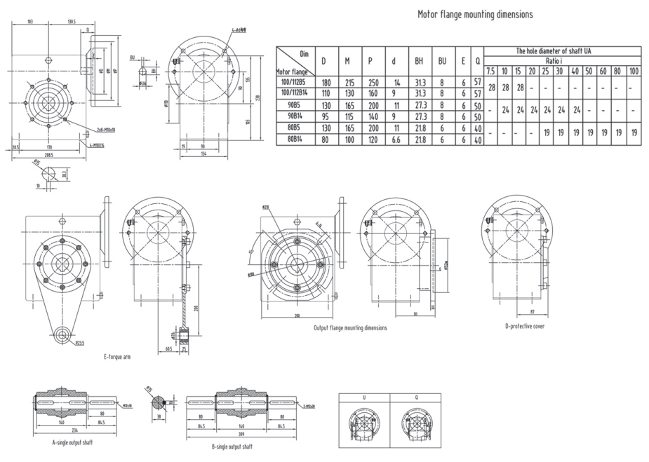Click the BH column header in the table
[x=419, y=61]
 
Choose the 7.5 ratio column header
[x=490, y=71]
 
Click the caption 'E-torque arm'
[x=118, y=357]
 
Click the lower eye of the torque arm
[x=63, y=335]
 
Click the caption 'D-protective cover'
[x=524, y=327]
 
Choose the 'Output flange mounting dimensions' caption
[x=349, y=327]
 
